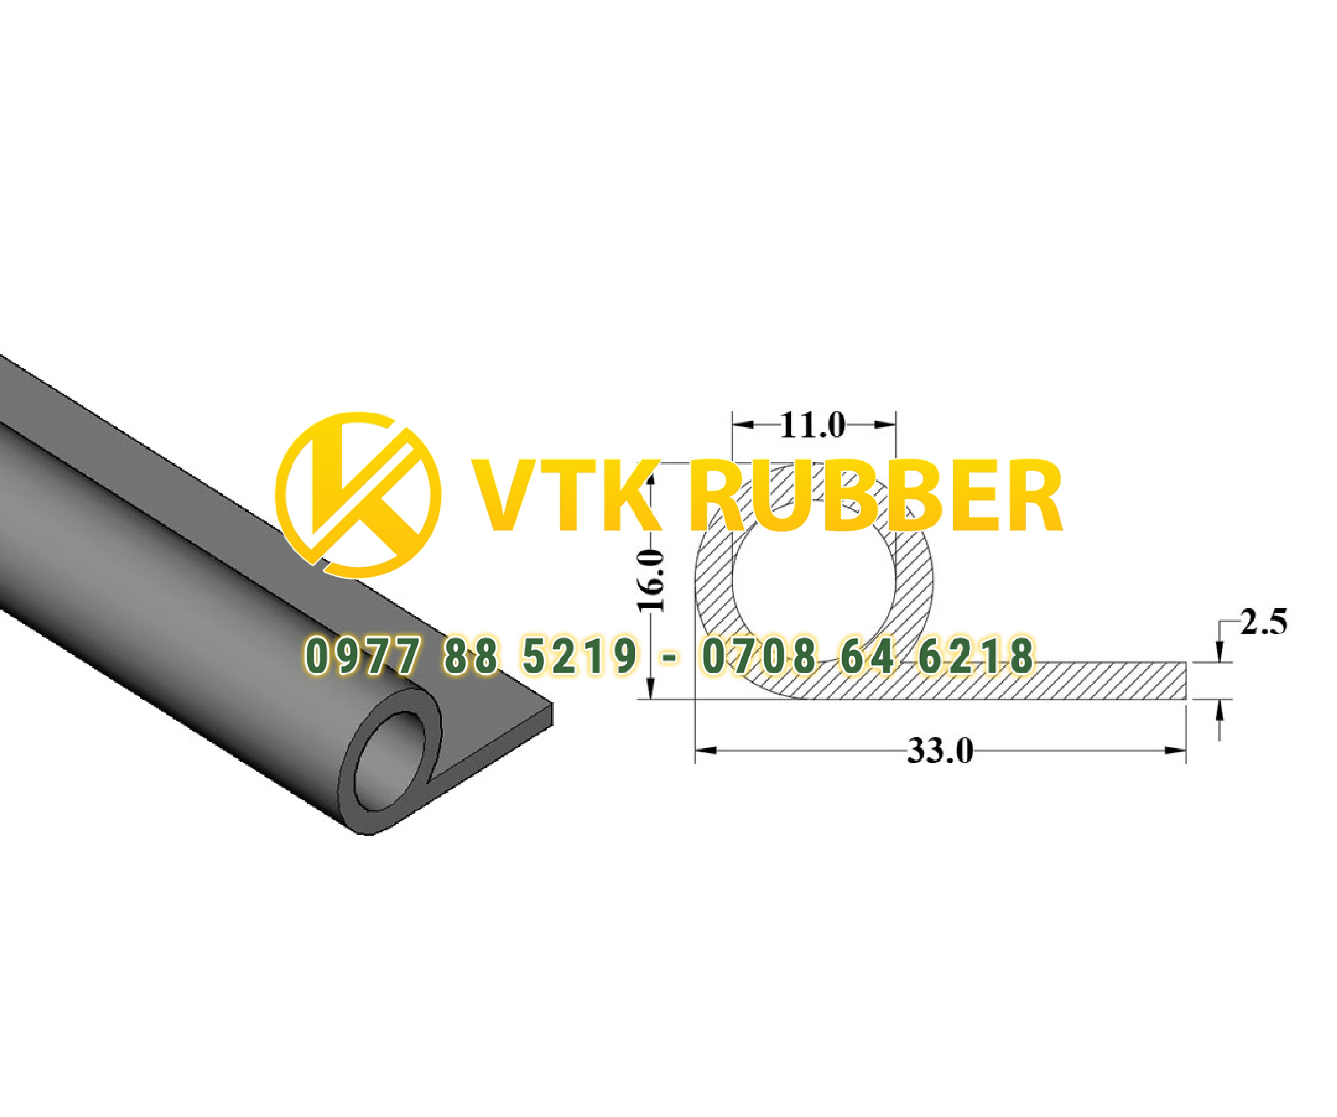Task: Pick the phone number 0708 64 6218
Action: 867,656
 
